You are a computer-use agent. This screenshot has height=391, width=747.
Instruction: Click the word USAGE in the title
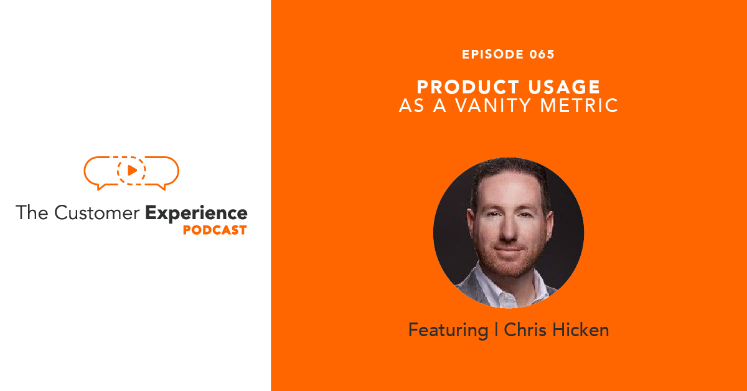point(561,87)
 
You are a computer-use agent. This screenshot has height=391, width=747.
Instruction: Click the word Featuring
point(448,330)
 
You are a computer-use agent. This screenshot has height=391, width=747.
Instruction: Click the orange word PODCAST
point(215,230)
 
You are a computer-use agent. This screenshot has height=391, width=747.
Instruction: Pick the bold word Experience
point(196,213)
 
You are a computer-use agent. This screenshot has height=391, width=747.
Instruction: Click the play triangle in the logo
point(132,169)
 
